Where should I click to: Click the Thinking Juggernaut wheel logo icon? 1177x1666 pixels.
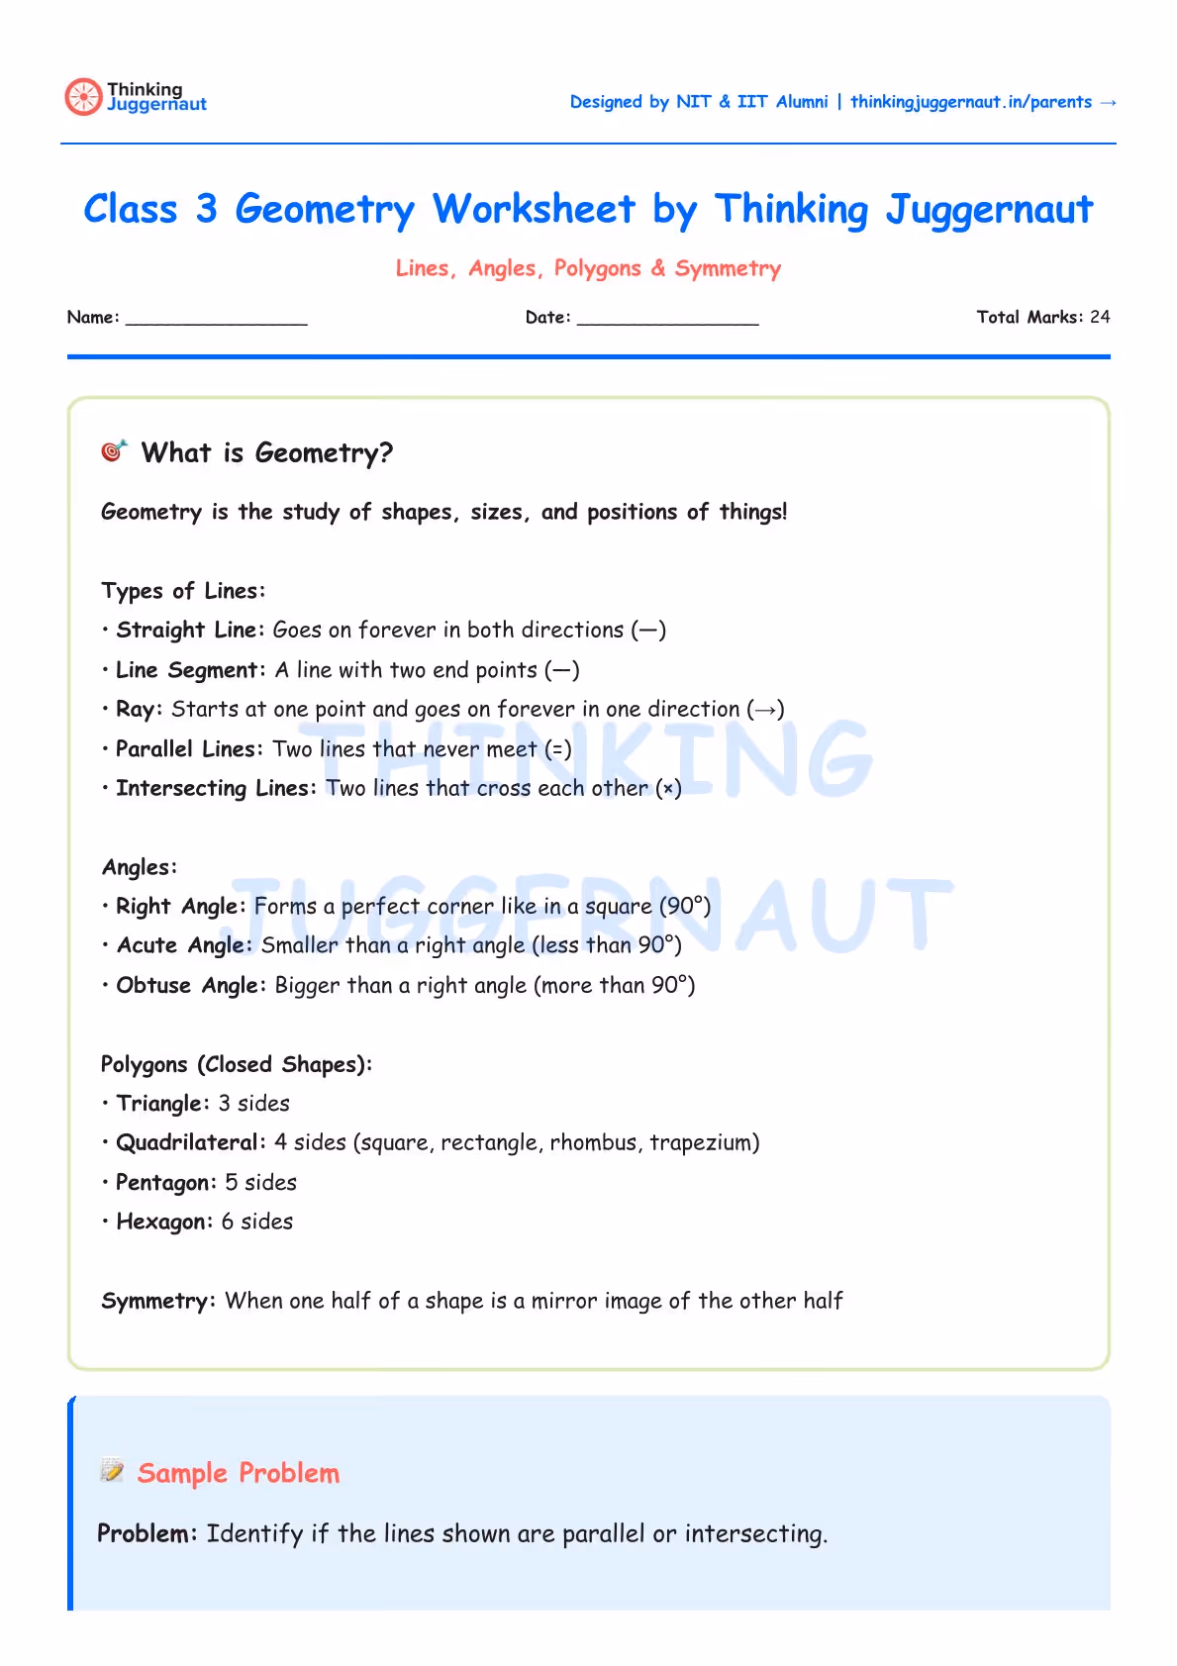pyautogui.click(x=83, y=97)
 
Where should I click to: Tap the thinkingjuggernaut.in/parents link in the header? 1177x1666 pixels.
pyautogui.click(x=970, y=102)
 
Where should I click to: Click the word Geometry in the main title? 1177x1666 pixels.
pyautogui.click(x=325, y=210)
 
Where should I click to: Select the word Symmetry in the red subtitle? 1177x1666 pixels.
pyautogui.click(x=728, y=268)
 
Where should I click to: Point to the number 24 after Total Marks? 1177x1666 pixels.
pyautogui.click(x=1099, y=317)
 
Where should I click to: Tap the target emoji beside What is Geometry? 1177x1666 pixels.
pyautogui.click(x=115, y=451)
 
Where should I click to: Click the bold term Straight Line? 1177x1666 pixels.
pyautogui.click(x=187, y=631)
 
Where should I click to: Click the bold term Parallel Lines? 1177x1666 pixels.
pyautogui.click(x=186, y=749)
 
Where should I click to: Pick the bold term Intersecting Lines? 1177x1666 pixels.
pyautogui.click(x=214, y=788)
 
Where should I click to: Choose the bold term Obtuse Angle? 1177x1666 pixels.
pyautogui.click(x=188, y=985)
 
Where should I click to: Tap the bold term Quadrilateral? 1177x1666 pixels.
pyautogui.click(x=188, y=1142)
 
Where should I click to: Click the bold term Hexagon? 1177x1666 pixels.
pyautogui.click(x=161, y=1222)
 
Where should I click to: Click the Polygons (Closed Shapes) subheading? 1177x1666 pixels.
pyautogui.click(x=236, y=1064)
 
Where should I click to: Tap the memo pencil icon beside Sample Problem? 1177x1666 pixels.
pyautogui.click(x=112, y=1471)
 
